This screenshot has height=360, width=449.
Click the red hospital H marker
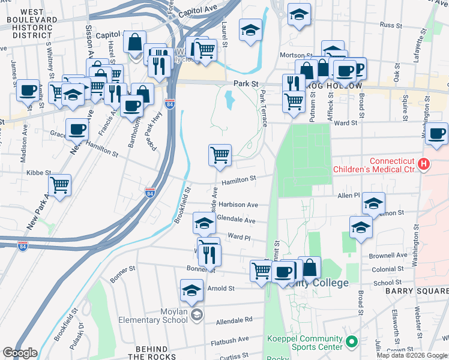(x=424, y=164)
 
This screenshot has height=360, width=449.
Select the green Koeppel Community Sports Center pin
(x=352, y=342)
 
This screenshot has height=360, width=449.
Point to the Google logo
(x=20, y=353)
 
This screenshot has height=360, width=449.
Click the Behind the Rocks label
(x=151, y=353)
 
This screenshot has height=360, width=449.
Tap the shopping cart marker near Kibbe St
(x=59, y=185)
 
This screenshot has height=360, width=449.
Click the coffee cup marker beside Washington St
(x=437, y=133)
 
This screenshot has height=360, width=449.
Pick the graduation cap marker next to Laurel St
(x=250, y=29)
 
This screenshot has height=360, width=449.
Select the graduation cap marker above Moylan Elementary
(x=191, y=290)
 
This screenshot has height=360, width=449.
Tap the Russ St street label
(x=391, y=25)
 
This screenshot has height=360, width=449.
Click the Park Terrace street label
(x=264, y=109)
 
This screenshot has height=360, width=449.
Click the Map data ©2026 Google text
(x=412, y=355)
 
